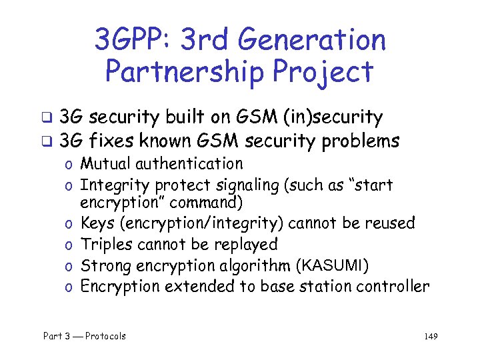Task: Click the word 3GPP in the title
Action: click(131, 41)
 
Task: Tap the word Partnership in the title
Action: click(184, 72)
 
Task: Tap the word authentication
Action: click(190, 163)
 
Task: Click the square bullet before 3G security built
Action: click(47, 119)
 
